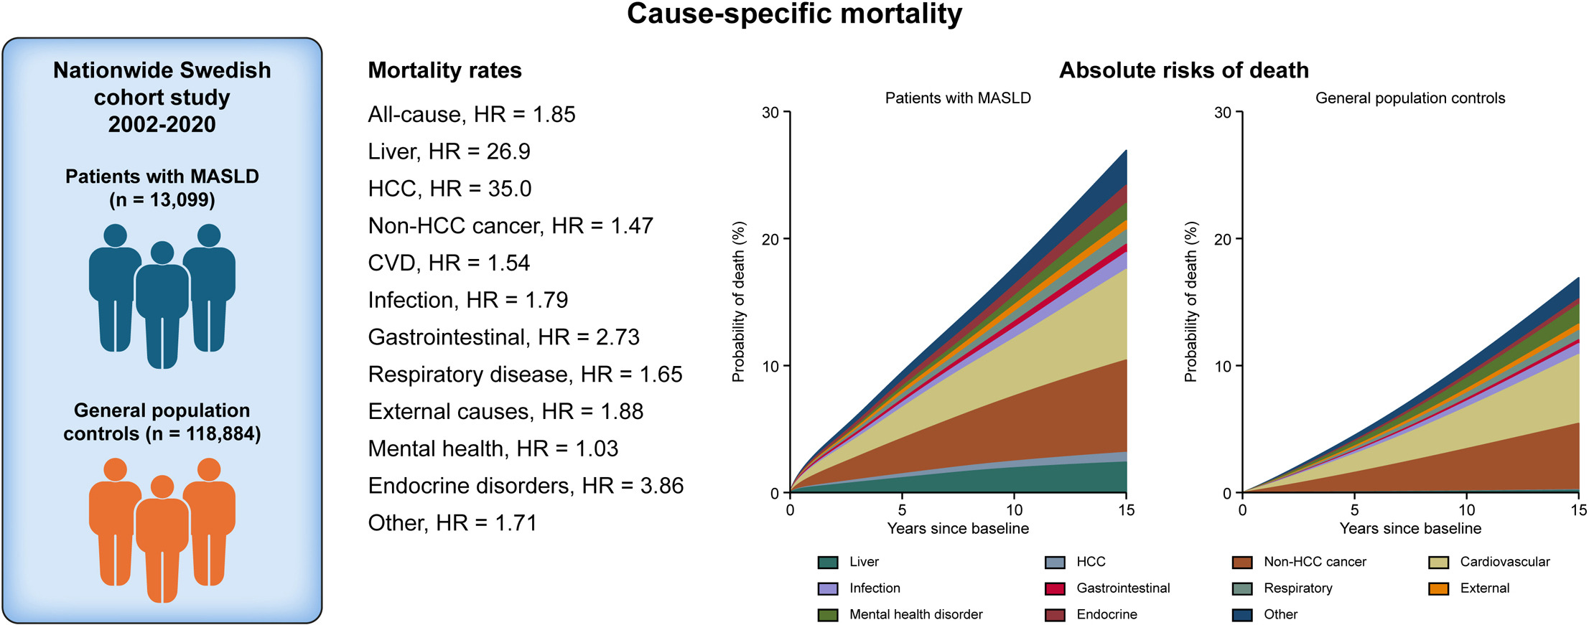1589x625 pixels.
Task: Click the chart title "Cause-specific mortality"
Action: [x=794, y=14]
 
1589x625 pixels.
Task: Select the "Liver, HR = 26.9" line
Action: [x=449, y=151]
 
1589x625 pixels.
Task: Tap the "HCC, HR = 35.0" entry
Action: [x=449, y=189]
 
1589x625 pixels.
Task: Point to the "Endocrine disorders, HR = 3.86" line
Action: [x=526, y=486]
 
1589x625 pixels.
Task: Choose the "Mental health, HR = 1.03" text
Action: [x=493, y=448]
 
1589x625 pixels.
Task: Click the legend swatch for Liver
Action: [x=828, y=563]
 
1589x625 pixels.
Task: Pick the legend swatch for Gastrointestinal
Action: [x=1055, y=589]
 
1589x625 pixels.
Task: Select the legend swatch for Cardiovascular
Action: [x=1438, y=563]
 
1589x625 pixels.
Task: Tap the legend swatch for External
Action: [x=1438, y=589]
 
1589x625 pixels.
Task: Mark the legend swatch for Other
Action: [x=1242, y=615]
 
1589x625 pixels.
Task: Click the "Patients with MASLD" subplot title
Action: [x=958, y=98]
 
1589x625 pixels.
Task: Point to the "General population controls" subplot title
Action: [x=1410, y=98]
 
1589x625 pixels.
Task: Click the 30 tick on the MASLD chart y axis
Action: [x=770, y=113]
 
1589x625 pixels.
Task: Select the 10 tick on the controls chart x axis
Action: [x=1466, y=510]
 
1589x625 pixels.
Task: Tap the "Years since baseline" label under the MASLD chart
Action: [x=958, y=529]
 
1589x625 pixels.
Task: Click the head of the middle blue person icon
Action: [x=162, y=253]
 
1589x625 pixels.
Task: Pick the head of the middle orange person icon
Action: [x=162, y=487]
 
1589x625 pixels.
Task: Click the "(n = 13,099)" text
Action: [x=162, y=199]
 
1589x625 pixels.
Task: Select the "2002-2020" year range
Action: [x=162, y=124]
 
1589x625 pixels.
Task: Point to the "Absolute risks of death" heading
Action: [x=1184, y=70]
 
